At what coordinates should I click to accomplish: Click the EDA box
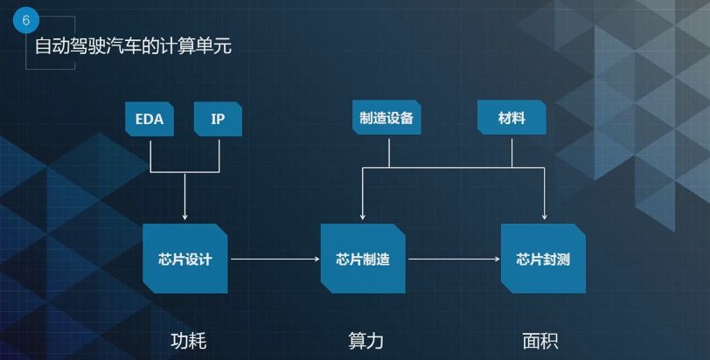[x=150, y=119]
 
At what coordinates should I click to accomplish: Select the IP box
[x=218, y=119]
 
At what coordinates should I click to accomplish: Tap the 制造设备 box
[x=386, y=118]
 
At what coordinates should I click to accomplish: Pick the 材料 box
[x=512, y=118]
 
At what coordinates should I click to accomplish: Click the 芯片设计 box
[x=184, y=259]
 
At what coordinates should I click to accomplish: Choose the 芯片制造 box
[x=363, y=259]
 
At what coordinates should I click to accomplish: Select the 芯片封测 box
[x=543, y=259]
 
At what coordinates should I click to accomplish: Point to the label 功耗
[x=187, y=341]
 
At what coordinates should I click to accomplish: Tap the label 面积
[x=539, y=341]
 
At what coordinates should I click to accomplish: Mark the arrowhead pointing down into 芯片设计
[x=185, y=216]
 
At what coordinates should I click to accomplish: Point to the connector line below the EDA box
[x=151, y=154]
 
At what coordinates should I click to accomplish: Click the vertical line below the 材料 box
[x=512, y=150]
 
